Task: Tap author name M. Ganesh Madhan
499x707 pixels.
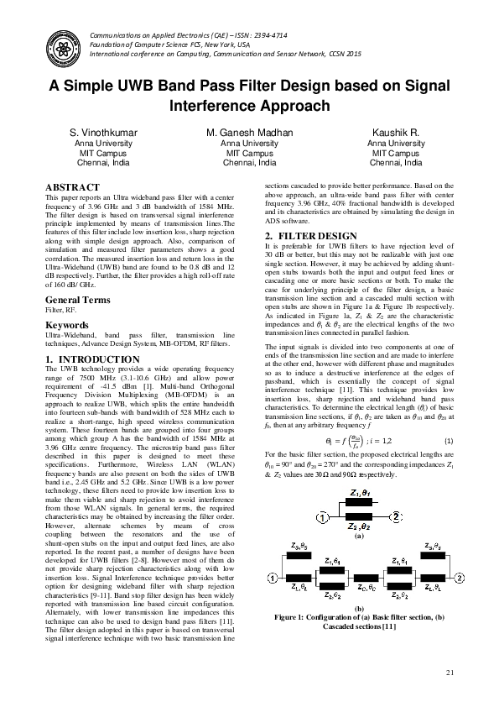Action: (249, 134)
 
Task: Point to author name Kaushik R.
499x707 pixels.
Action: (397, 134)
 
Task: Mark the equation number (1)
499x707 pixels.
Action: (450, 441)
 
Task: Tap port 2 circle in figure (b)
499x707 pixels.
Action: (459, 577)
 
